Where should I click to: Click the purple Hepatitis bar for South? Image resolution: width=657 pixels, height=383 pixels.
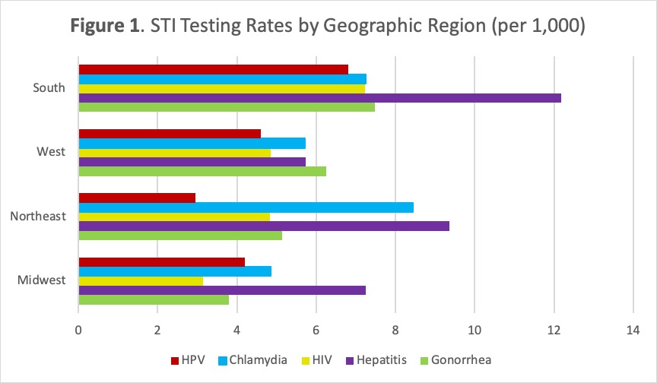pyautogui.click(x=319, y=98)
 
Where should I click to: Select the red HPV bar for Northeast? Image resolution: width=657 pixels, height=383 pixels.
pyautogui.click(x=137, y=198)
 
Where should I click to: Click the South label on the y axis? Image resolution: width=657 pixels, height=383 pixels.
pyautogui.click(x=49, y=88)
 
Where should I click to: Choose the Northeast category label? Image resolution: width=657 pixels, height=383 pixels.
pyautogui.click(x=38, y=217)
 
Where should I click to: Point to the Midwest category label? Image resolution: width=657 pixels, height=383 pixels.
pyautogui.click(x=42, y=280)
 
